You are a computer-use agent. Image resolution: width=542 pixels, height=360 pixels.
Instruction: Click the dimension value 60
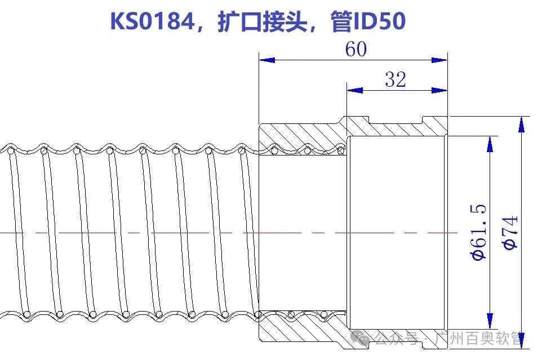[356, 50]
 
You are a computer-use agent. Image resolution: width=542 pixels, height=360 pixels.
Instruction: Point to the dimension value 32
[396, 79]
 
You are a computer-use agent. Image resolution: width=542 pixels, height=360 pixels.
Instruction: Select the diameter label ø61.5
[478, 233]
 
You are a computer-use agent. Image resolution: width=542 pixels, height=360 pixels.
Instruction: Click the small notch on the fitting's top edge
[423, 119]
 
